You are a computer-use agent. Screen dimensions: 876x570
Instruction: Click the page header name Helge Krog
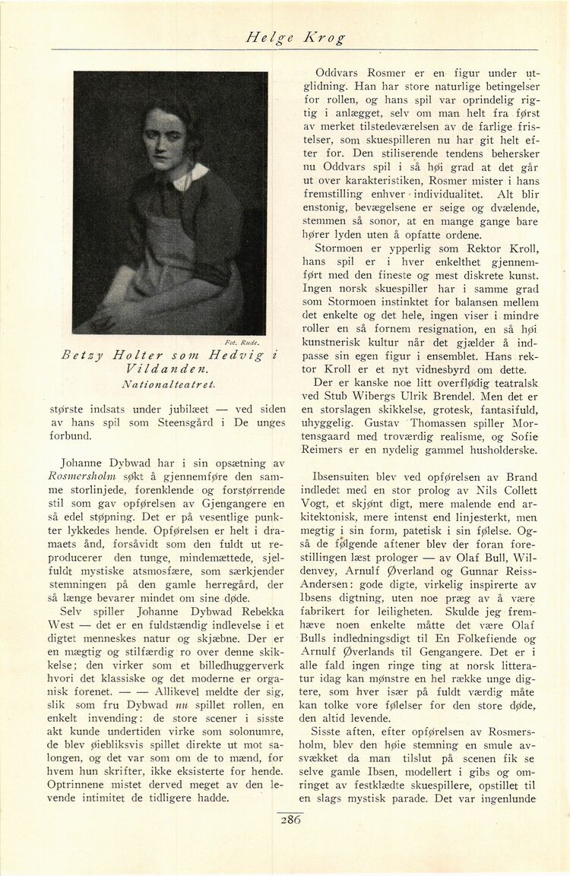[296, 36]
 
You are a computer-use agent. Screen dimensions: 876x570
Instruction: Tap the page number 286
[291, 820]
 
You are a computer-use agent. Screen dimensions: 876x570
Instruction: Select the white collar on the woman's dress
[190, 177]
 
